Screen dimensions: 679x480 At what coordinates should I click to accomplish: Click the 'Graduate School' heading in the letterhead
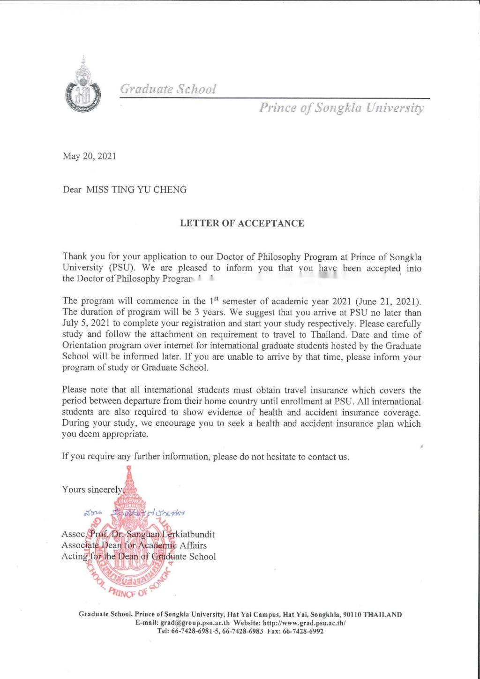(x=168, y=89)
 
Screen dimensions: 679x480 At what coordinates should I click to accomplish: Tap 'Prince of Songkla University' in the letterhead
(x=341, y=108)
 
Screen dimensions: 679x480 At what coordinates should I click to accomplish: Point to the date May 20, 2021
(x=89, y=156)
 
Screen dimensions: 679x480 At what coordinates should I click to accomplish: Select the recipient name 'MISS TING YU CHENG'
(x=136, y=190)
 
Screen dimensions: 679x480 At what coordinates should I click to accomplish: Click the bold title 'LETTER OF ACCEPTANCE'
(x=242, y=223)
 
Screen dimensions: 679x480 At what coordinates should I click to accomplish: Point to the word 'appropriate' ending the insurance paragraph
(x=123, y=435)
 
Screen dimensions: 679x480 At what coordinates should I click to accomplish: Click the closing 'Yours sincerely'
(x=92, y=490)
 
